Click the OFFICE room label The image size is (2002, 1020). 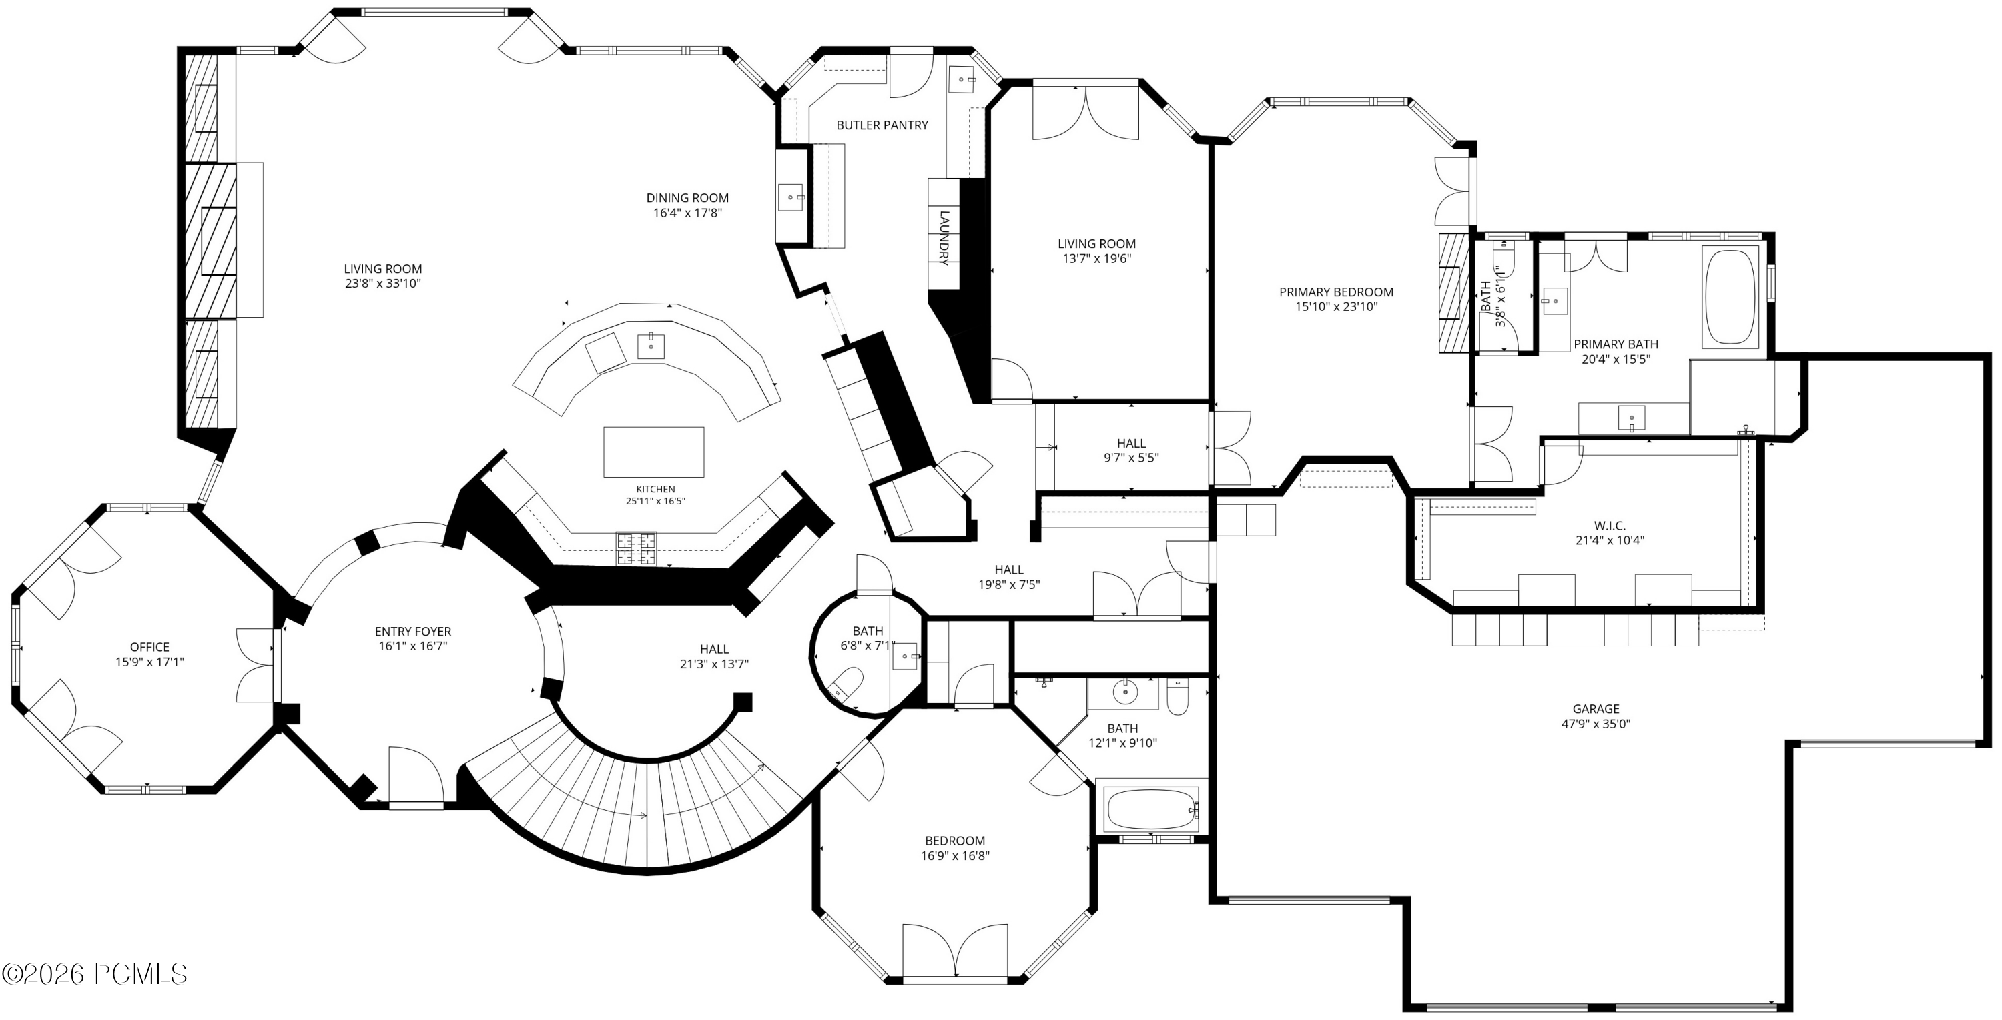150,647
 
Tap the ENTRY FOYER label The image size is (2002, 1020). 412,632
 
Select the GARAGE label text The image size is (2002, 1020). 1596,708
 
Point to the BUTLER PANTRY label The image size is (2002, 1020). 882,125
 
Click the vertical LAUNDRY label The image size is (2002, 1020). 944,237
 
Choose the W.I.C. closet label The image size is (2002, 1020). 1610,526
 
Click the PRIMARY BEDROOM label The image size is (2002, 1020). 1336,292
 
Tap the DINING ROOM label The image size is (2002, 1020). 688,198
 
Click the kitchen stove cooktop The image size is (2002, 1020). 637,548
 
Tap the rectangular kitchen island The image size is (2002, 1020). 653,452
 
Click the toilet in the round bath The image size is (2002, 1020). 846,684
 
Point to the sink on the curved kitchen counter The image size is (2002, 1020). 651,346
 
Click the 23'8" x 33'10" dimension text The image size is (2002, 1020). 383,284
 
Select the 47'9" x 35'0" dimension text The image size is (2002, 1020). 1596,724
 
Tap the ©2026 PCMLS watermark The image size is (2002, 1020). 95,974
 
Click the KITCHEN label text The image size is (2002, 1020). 655,488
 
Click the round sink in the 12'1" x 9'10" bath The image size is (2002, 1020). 1124,690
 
